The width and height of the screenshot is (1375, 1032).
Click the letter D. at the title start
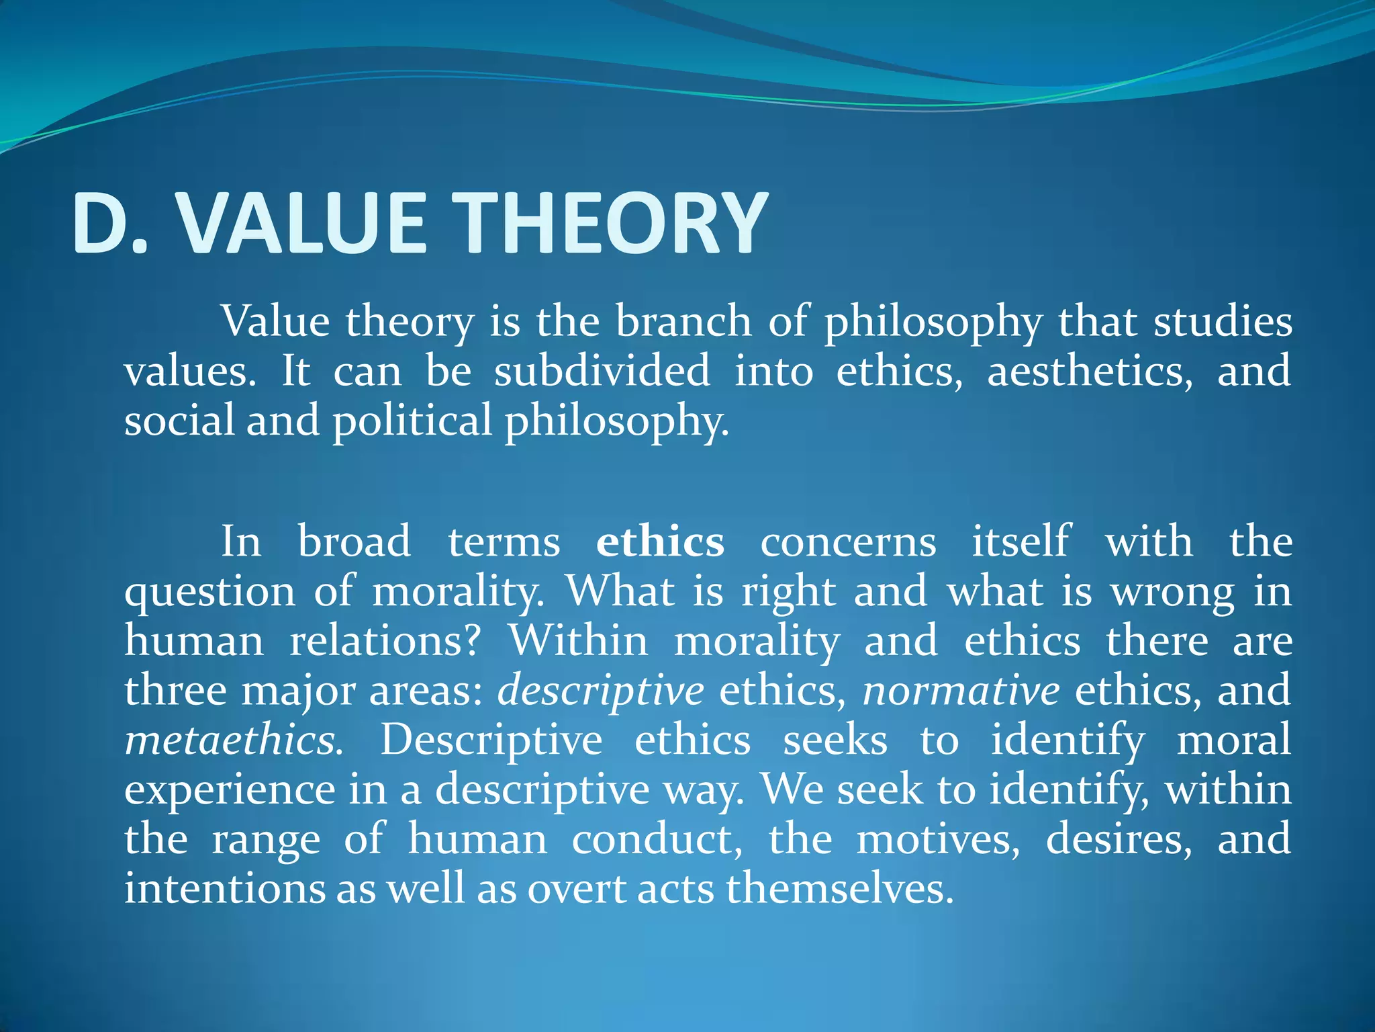111,224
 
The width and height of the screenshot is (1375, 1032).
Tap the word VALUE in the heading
302,224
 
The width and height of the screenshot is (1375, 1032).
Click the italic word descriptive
600,691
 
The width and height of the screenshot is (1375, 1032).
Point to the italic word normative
961,691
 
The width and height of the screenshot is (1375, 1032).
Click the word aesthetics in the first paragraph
1089,371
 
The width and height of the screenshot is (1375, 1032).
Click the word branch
683,321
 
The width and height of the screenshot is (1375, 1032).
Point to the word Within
578,641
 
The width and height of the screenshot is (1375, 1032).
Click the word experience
230,789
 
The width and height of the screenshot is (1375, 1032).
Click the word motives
937,839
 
